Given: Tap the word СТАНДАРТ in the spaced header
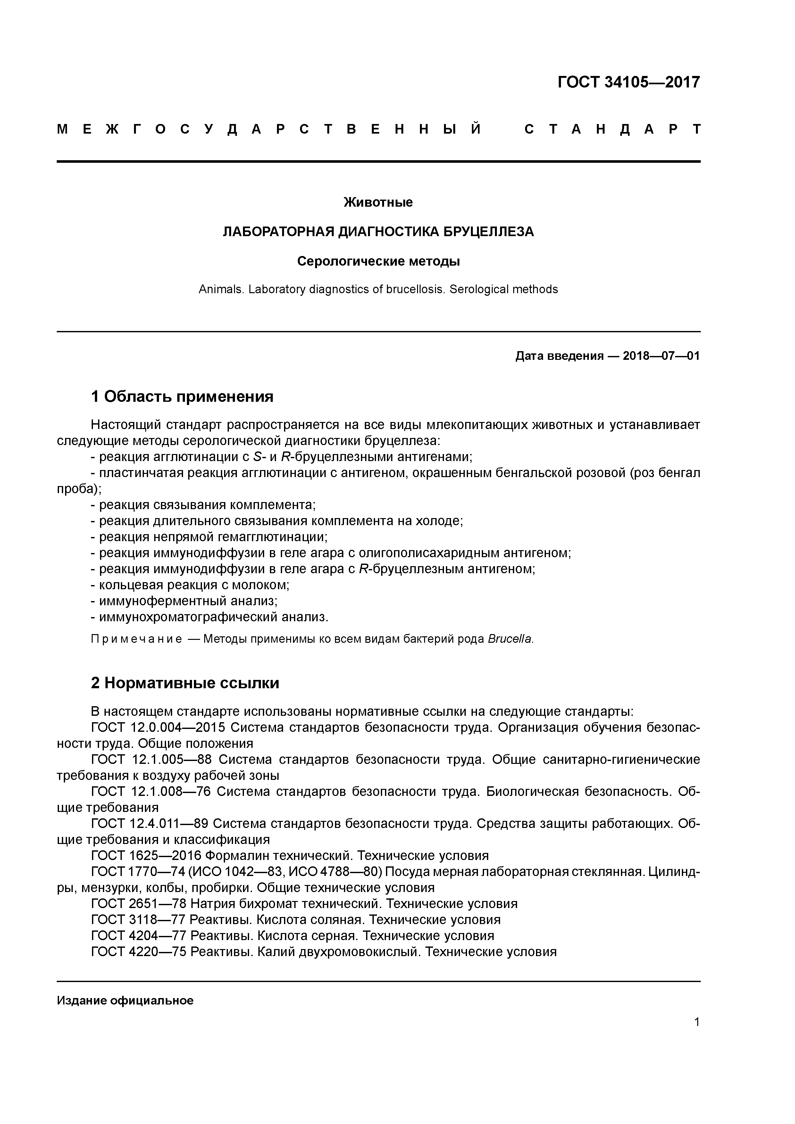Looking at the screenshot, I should pos(612,129).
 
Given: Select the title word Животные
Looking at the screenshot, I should pos(378,202).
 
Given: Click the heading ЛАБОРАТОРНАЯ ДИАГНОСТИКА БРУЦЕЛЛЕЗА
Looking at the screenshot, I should pos(378,232).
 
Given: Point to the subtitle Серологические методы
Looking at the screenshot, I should pos(378,261).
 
